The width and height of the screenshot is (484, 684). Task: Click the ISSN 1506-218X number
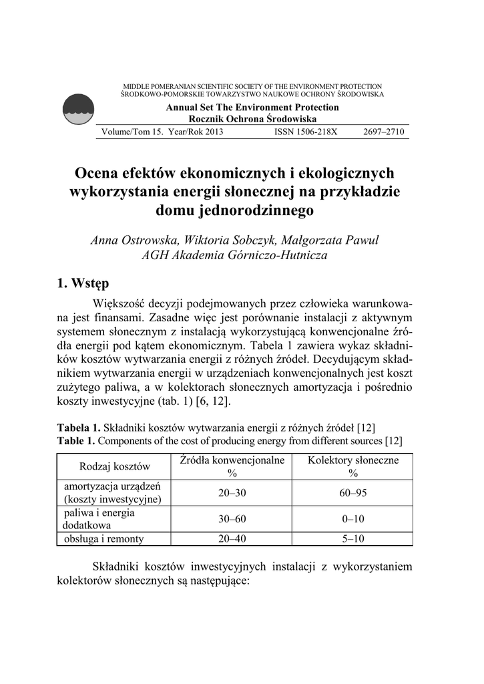point(306,132)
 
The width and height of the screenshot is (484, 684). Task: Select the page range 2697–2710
point(384,132)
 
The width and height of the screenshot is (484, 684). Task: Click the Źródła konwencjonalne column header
point(232,466)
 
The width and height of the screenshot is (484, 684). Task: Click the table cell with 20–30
point(232,493)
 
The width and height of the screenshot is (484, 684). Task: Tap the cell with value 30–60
point(232,519)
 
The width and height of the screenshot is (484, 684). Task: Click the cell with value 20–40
point(232,539)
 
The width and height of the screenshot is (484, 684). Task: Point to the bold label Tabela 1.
point(78,427)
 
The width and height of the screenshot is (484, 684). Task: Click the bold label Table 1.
point(77,441)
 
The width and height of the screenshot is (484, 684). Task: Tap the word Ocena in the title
point(97,174)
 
